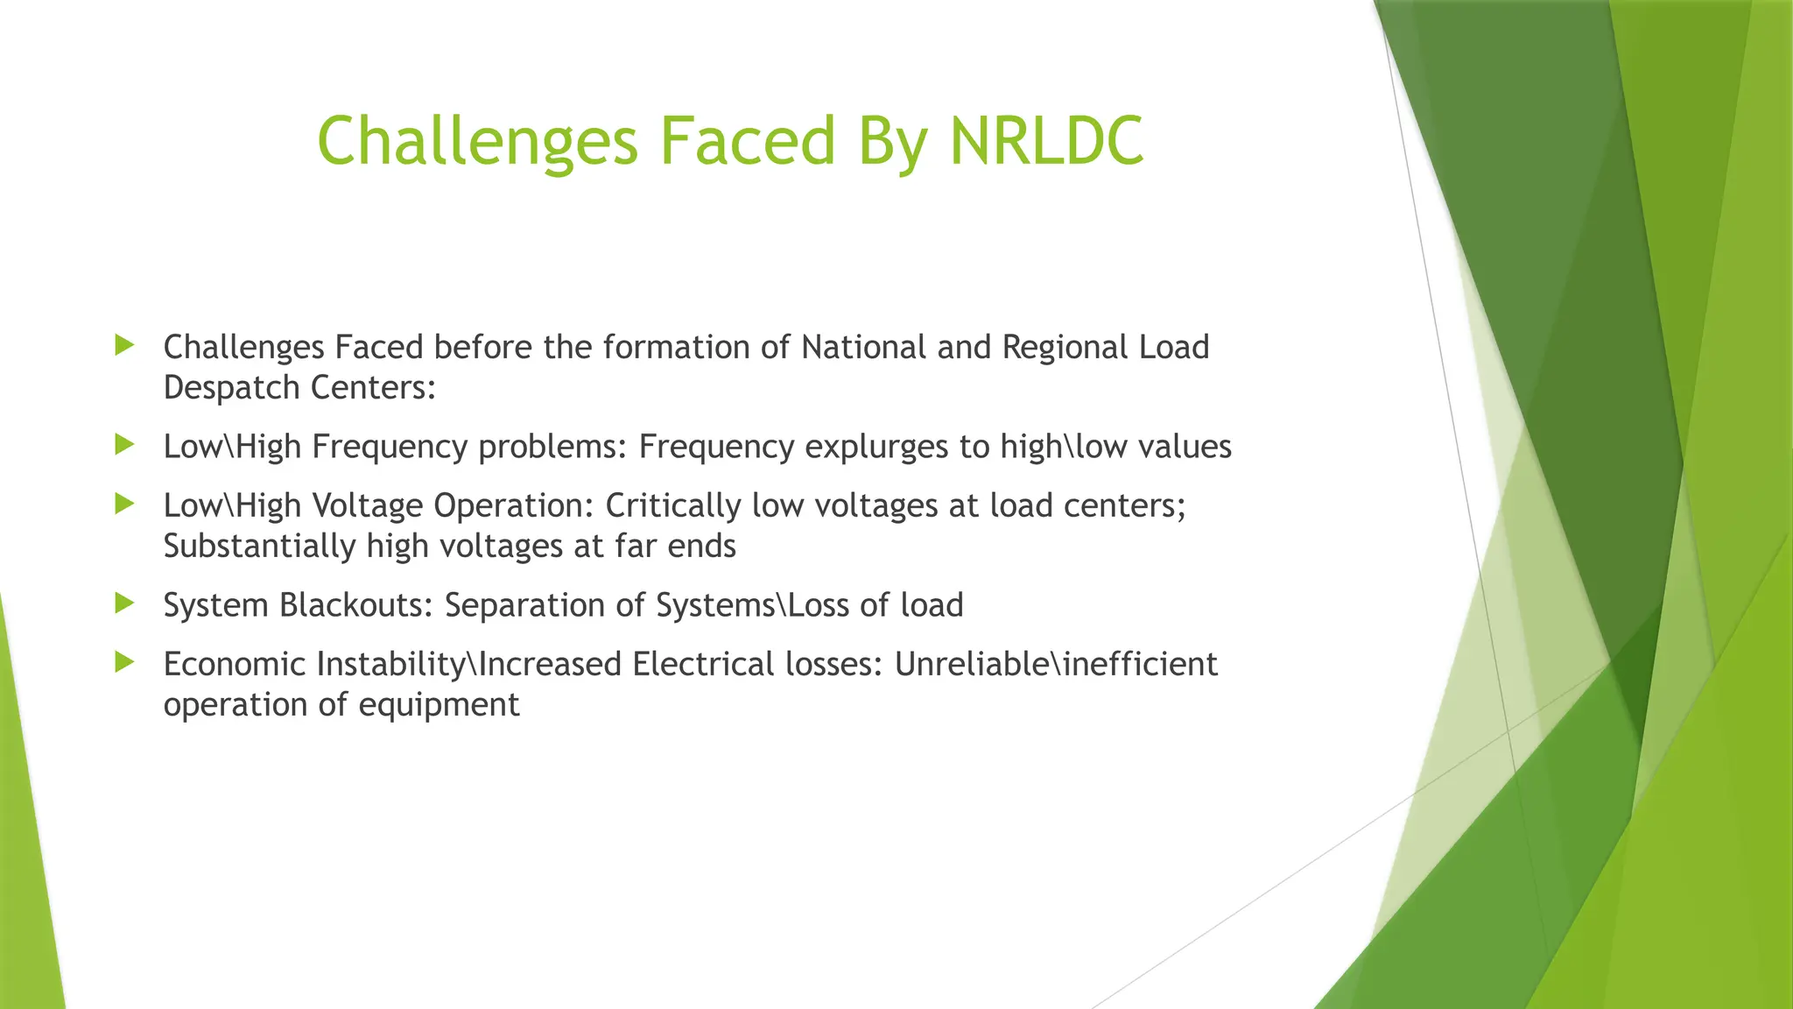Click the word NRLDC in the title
tap(1046, 140)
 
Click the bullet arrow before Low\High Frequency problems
tap(124, 445)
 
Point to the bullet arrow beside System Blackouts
tap(124, 603)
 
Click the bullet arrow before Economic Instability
tap(124, 662)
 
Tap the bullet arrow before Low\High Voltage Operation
tap(124, 504)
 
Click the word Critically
tap(673, 506)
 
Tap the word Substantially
tap(259, 547)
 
